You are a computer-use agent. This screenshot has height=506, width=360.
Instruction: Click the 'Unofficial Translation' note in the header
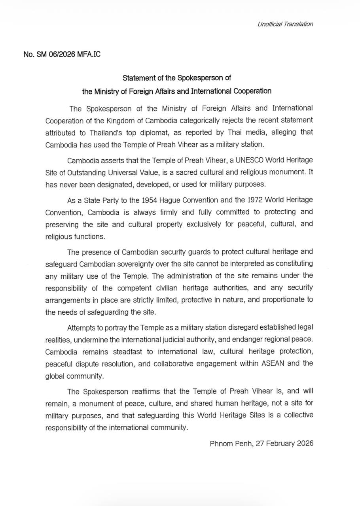tap(285, 24)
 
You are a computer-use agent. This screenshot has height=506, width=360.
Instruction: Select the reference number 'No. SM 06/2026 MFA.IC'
tap(62, 54)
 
